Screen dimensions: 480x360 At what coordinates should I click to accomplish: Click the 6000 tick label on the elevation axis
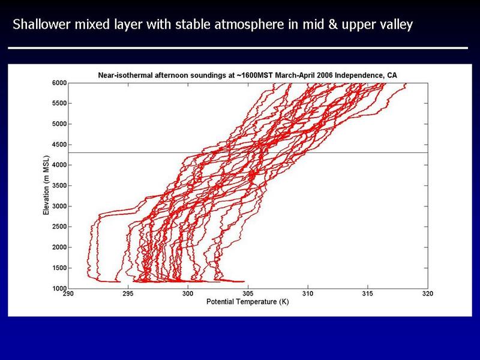point(59,83)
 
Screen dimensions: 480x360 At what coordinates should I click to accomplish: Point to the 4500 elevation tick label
point(59,145)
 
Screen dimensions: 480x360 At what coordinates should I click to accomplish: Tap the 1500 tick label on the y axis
point(59,268)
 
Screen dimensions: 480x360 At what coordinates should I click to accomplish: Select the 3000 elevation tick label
point(59,206)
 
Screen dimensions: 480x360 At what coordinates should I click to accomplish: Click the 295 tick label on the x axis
point(128,293)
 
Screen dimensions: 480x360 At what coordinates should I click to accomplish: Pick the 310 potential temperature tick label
point(308,293)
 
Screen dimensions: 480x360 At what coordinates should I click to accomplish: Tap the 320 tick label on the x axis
point(428,293)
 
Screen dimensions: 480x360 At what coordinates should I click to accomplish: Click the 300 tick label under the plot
point(188,293)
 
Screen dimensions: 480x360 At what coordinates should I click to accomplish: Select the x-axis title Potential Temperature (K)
point(248,302)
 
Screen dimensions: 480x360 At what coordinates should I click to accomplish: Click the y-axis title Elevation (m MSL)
point(46,185)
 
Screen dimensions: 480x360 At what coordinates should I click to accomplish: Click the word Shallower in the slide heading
point(41,24)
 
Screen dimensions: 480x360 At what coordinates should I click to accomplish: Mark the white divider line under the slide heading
point(238,48)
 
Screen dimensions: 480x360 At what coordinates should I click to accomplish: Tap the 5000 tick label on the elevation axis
point(59,124)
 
